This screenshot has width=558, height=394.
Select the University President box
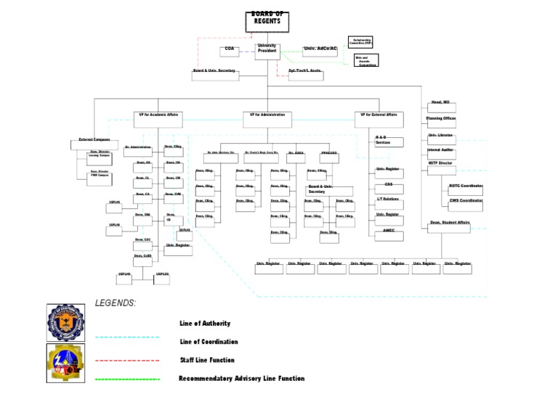pos(267,52)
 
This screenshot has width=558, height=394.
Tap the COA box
pos(230,52)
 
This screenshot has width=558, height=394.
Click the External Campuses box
pos(94,143)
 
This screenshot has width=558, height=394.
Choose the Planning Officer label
pos(441,118)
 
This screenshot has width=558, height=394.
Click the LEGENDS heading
pos(115,303)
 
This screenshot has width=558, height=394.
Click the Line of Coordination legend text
pos(209,342)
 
